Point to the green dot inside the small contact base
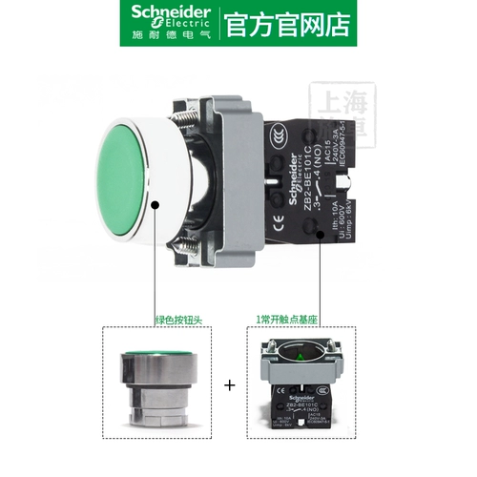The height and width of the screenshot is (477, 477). pos(296,361)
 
